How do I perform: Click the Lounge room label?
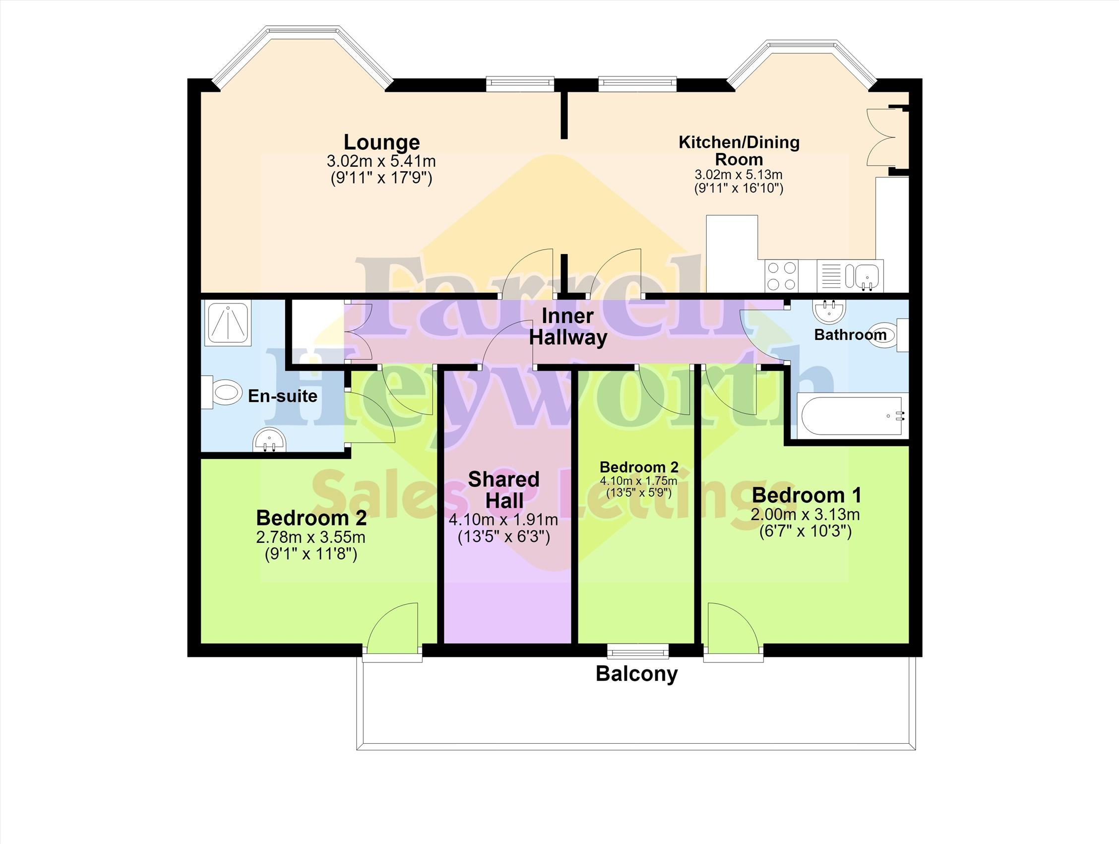(x=382, y=143)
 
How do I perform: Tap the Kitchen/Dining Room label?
(x=739, y=151)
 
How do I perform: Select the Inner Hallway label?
(x=567, y=327)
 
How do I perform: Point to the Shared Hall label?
(x=504, y=490)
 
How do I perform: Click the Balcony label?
(x=636, y=674)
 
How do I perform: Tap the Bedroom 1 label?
(x=807, y=495)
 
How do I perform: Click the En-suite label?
(x=282, y=395)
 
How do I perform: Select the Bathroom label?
(x=850, y=334)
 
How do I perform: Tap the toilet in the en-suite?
(x=222, y=392)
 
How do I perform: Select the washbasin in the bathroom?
(x=830, y=310)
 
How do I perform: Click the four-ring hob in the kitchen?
(x=782, y=276)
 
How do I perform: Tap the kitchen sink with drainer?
(x=850, y=276)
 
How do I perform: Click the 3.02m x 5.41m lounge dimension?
(x=381, y=161)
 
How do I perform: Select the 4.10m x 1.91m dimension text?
(x=503, y=519)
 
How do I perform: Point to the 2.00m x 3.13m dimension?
(x=806, y=515)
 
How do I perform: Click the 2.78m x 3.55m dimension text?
(x=311, y=537)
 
